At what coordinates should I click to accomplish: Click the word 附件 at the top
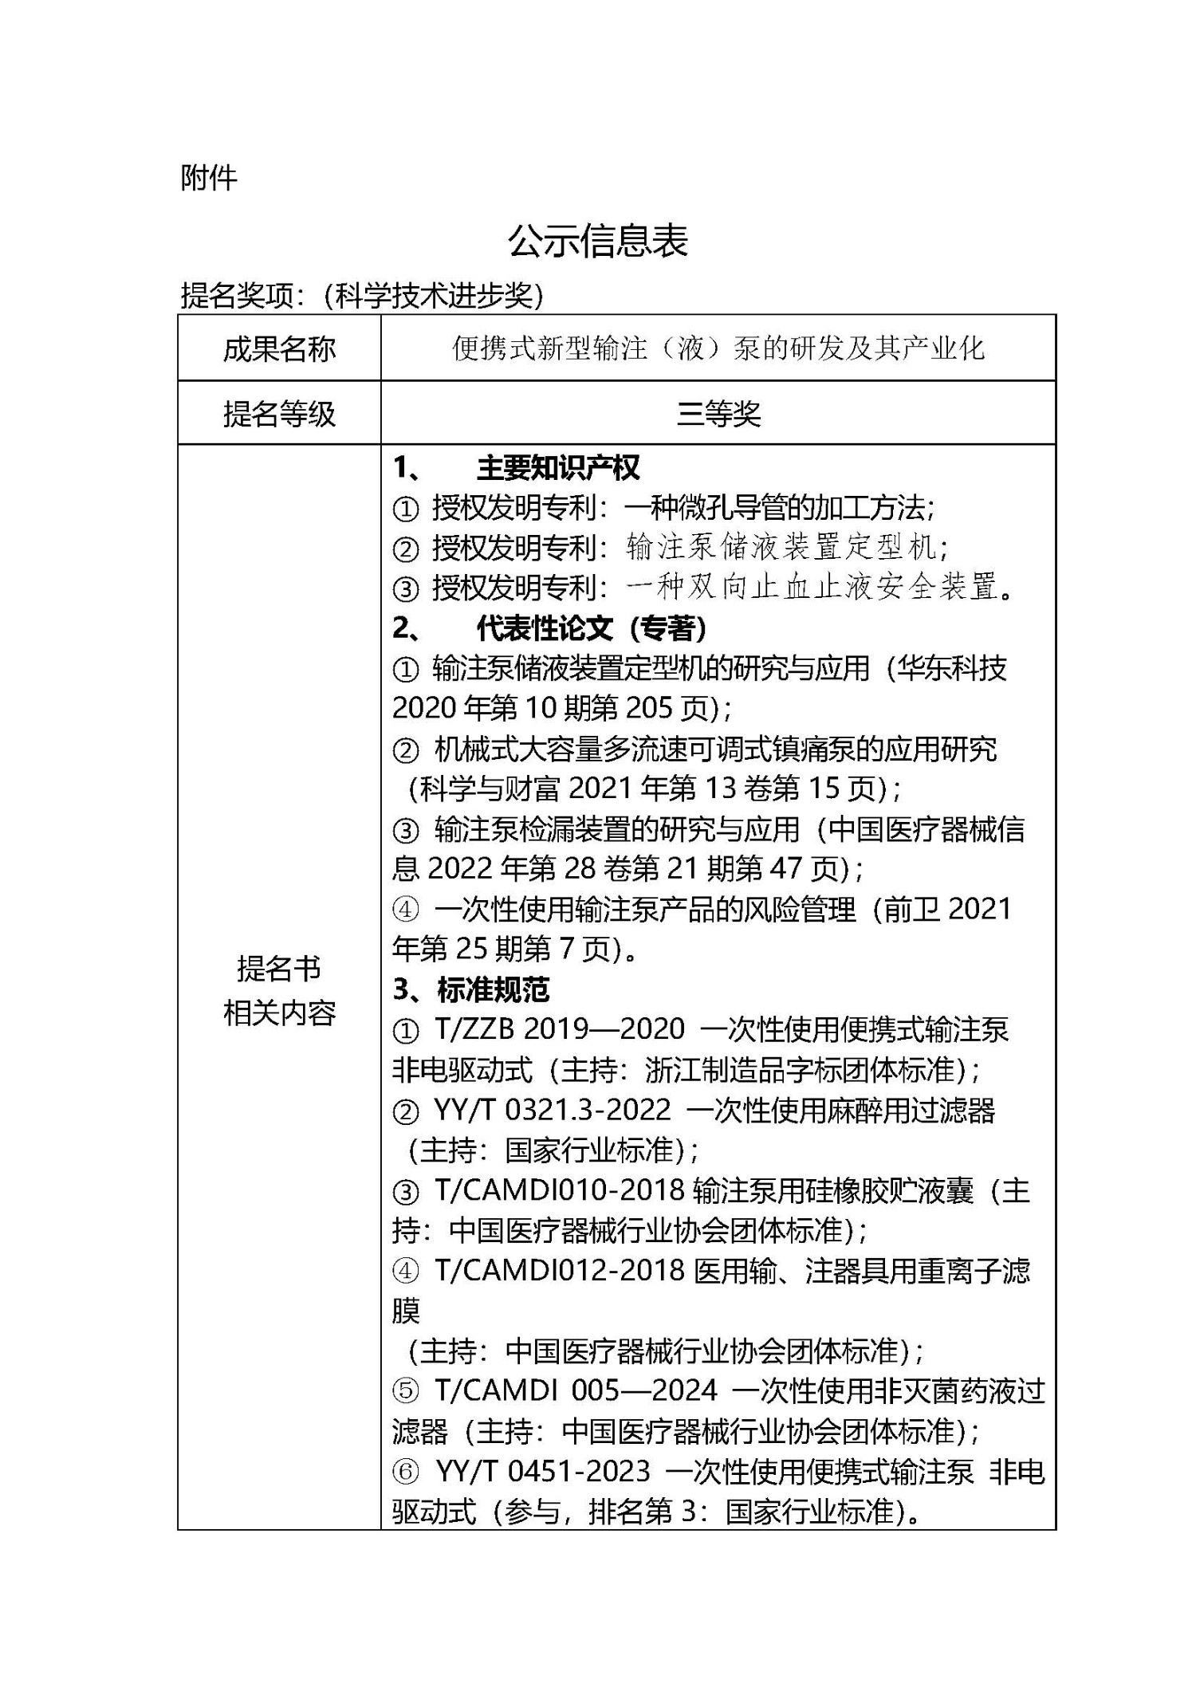click(x=209, y=178)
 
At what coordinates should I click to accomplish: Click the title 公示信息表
click(x=597, y=241)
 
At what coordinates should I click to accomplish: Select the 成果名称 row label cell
click(x=279, y=348)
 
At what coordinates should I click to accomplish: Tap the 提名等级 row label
click(x=279, y=413)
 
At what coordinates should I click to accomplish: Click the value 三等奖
click(x=718, y=413)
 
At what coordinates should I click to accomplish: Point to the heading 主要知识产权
click(x=557, y=468)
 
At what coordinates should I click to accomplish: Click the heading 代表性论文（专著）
click(x=591, y=628)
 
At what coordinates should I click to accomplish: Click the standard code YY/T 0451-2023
click(x=543, y=1471)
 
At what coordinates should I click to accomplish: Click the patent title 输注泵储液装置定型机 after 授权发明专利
click(x=781, y=548)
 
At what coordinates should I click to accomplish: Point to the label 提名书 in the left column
click(x=279, y=969)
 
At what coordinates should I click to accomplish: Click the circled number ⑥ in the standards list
click(x=406, y=1472)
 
